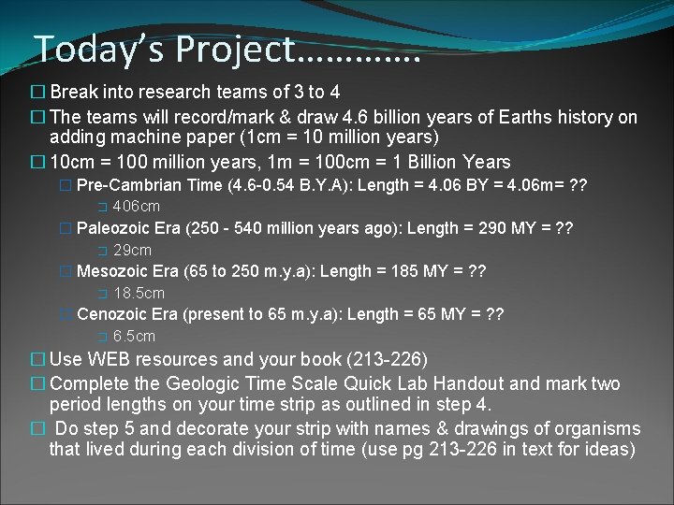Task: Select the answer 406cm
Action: click(x=137, y=207)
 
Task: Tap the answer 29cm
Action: click(x=132, y=250)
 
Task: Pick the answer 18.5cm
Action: click(x=139, y=294)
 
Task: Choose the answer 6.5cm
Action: click(x=134, y=337)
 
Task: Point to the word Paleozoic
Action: click(x=112, y=228)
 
